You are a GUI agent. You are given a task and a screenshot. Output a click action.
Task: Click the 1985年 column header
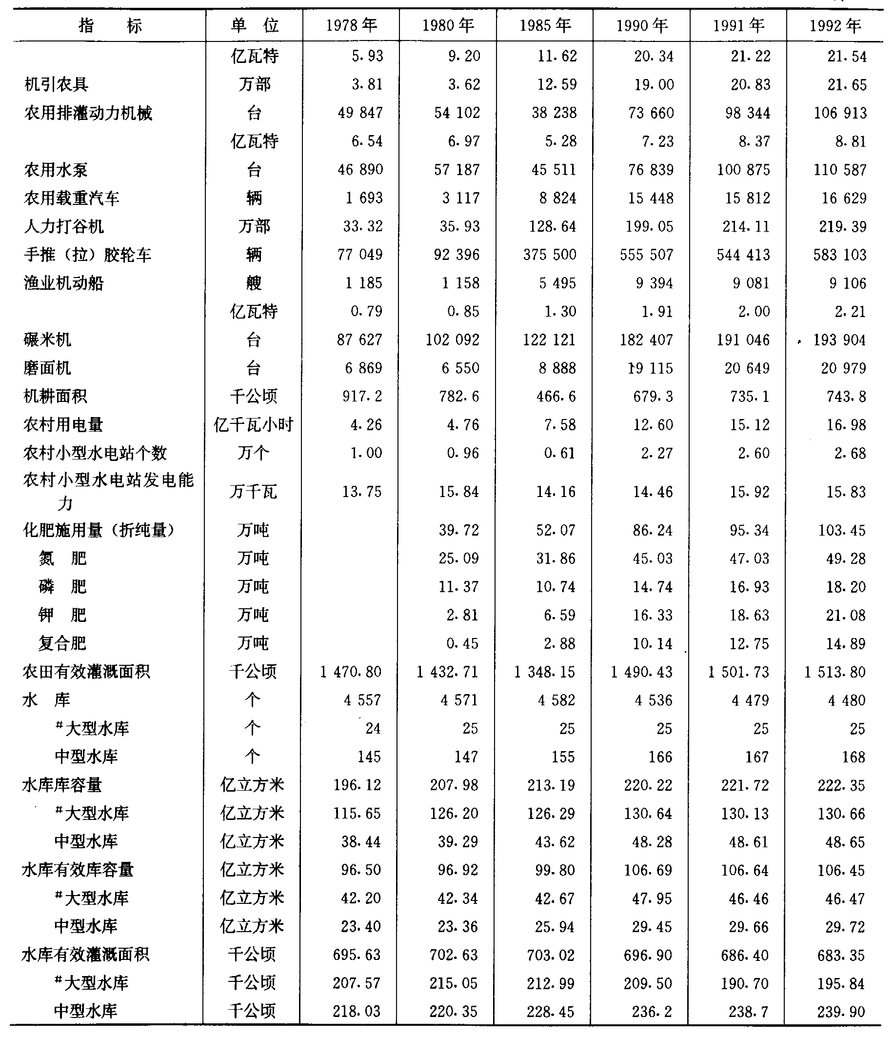click(545, 25)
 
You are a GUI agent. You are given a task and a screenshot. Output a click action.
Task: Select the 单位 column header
click(254, 25)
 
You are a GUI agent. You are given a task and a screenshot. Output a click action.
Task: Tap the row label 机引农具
click(57, 84)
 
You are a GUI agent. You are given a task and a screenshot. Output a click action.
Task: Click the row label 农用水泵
click(56, 170)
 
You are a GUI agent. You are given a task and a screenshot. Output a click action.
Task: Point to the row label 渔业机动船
click(63, 283)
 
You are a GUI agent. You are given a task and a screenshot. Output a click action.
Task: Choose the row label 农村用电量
click(63, 425)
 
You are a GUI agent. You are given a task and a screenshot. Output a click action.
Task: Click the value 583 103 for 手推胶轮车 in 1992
click(839, 255)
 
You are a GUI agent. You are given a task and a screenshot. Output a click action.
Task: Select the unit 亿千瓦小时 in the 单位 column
click(253, 425)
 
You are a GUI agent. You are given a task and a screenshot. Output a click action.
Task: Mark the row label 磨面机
click(48, 368)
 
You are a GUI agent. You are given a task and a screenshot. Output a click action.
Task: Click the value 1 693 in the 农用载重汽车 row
click(364, 198)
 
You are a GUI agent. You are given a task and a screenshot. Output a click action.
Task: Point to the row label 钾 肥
click(62, 615)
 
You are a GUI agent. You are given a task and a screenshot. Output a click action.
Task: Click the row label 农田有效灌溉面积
click(86, 672)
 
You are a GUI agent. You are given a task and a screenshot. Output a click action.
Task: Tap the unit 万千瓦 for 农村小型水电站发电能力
click(253, 492)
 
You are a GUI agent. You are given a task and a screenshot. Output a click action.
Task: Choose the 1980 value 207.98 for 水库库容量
click(454, 785)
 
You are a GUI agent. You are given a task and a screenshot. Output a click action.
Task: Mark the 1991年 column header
click(739, 25)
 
